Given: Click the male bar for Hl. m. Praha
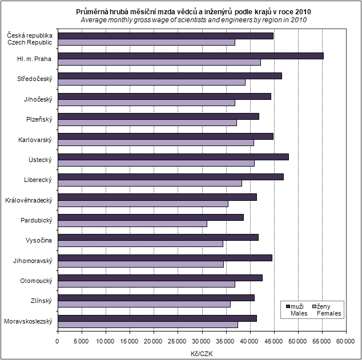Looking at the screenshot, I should click(x=190, y=55).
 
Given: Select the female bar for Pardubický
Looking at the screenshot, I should click(x=132, y=224).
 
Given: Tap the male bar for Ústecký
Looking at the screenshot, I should click(x=172, y=156).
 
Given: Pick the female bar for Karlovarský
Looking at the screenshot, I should click(x=155, y=143).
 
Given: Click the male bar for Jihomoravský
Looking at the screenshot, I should click(x=164, y=257).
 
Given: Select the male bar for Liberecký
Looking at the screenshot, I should click(x=170, y=177).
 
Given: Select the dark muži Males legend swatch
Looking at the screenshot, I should click(x=288, y=306).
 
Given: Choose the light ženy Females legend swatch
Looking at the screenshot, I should click(x=313, y=306).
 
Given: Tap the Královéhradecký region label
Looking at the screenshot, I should click(x=29, y=200).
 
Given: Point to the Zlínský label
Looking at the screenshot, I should click(x=40, y=301).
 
